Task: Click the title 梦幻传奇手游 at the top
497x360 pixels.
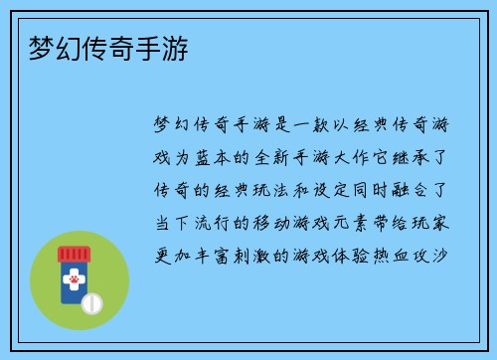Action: [x=105, y=48]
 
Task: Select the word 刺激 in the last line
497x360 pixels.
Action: [x=255, y=255]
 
